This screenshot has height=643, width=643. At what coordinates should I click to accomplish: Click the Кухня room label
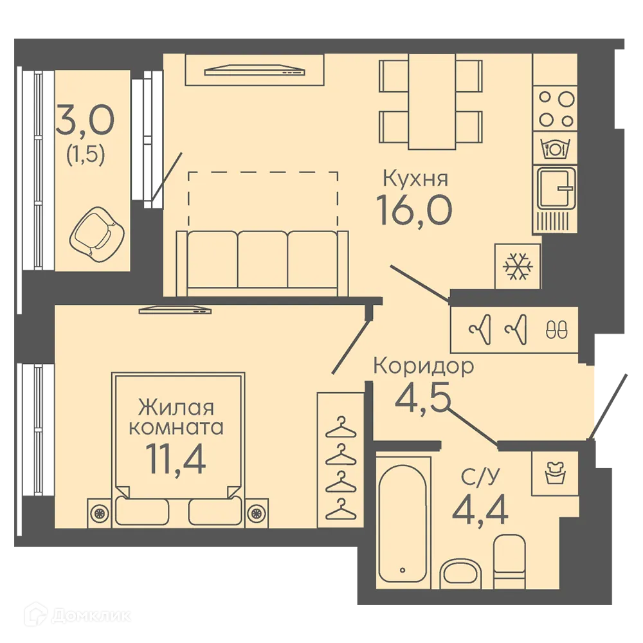(x=415, y=179)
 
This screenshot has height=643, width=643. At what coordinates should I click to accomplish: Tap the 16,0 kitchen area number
(x=414, y=210)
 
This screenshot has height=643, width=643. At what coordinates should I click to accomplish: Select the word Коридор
(x=424, y=366)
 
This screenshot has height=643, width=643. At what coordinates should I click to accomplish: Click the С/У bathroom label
(x=480, y=476)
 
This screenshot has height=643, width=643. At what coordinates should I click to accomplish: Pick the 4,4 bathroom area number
(x=480, y=508)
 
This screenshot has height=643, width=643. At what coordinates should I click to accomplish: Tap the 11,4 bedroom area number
(x=176, y=459)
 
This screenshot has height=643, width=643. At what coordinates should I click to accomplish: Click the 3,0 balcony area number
(x=85, y=120)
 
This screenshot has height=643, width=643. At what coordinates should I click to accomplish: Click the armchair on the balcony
(x=96, y=234)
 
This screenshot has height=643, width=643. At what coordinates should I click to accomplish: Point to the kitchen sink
(x=556, y=188)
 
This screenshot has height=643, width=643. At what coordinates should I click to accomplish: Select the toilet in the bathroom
(x=509, y=561)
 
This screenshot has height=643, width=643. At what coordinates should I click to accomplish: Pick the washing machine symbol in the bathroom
(x=555, y=473)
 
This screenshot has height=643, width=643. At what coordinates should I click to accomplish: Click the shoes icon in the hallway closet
(x=556, y=329)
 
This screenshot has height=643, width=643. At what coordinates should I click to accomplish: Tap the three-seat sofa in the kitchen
(x=262, y=263)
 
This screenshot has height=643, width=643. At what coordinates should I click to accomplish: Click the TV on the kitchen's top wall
(x=255, y=70)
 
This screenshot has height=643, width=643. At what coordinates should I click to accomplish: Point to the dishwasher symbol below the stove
(x=554, y=148)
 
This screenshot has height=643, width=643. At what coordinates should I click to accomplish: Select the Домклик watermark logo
(x=77, y=615)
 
